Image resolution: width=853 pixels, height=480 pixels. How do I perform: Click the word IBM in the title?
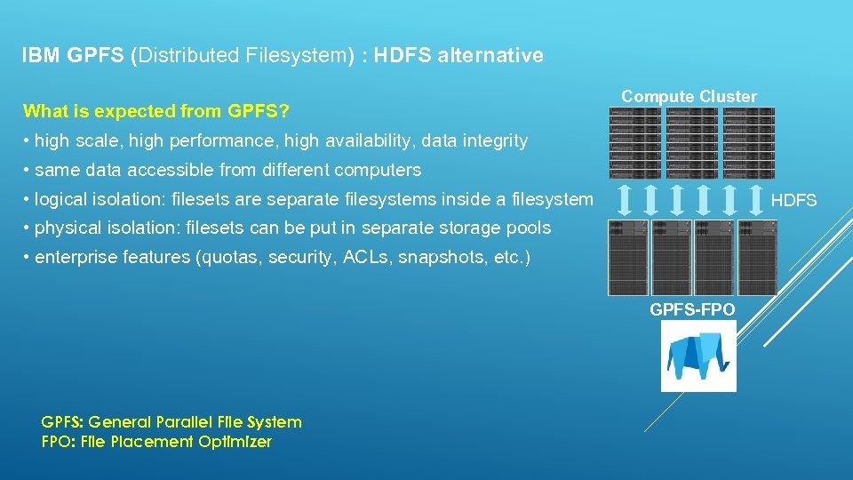(39, 56)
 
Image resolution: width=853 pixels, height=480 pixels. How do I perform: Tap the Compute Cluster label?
(689, 96)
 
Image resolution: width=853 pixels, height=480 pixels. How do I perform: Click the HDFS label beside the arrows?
(793, 201)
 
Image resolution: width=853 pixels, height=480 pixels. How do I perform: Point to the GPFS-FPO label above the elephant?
(692, 309)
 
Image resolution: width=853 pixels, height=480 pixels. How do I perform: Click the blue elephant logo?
(698, 356)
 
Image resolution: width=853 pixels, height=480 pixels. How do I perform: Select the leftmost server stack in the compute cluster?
(634, 143)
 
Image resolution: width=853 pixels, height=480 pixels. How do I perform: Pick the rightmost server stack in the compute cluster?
(749, 143)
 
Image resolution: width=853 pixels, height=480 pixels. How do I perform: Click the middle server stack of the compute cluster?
(692, 143)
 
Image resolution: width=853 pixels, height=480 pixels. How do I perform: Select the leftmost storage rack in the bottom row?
(628, 257)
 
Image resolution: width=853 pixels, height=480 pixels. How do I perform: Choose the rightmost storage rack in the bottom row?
(757, 257)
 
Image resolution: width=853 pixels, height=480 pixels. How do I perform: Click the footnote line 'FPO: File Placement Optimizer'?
(156, 442)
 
